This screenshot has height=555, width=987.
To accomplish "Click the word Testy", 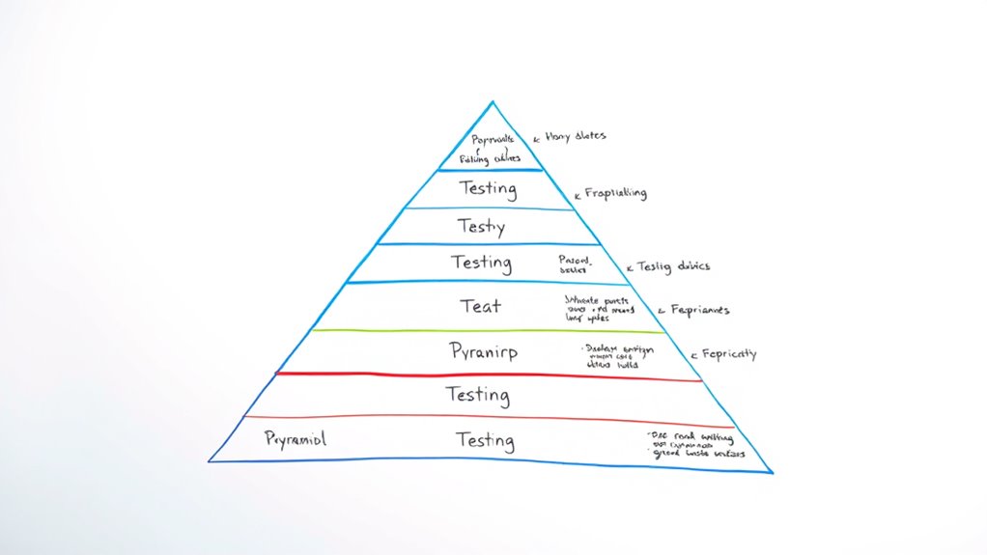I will pyautogui.click(x=480, y=228).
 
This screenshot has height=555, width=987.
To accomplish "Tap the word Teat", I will pyautogui.click(x=480, y=306).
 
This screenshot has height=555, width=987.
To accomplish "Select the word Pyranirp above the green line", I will pyautogui.click(x=483, y=351).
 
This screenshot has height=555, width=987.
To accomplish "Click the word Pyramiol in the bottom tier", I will pyautogui.click(x=295, y=439).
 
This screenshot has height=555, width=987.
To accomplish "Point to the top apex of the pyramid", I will pyautogui.click(x=493, y=101).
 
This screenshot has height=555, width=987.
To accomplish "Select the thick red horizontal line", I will pyautogui.click(x=483, y=375).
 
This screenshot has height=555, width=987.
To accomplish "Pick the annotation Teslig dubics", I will pyautogui.click(x=674, y=265).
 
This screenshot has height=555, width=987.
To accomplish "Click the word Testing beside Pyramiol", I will pyautogui.click(x=485, y=440).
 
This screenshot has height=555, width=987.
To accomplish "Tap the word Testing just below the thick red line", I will pyautogui.click(x=477, y=395).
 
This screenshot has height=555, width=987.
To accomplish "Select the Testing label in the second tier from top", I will pyautogui.click(x=488, y=189).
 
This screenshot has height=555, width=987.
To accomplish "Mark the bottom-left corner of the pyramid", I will pyautogui.click(x=210, y=460).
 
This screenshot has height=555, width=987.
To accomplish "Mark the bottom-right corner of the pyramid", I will pyautogui.click(x=772, y=471).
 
